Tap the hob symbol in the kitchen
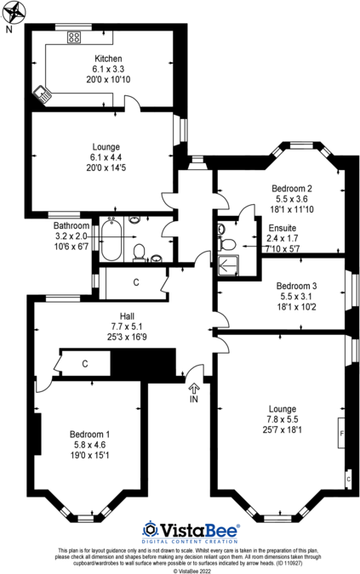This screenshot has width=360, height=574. [x=73, y=37]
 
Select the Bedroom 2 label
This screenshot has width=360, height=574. [x=292, y=188]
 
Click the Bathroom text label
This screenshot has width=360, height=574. [x=51, y=225]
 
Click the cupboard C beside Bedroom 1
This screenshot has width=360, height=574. [x=84, y=364]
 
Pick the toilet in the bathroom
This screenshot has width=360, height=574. [x=139, y=252]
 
